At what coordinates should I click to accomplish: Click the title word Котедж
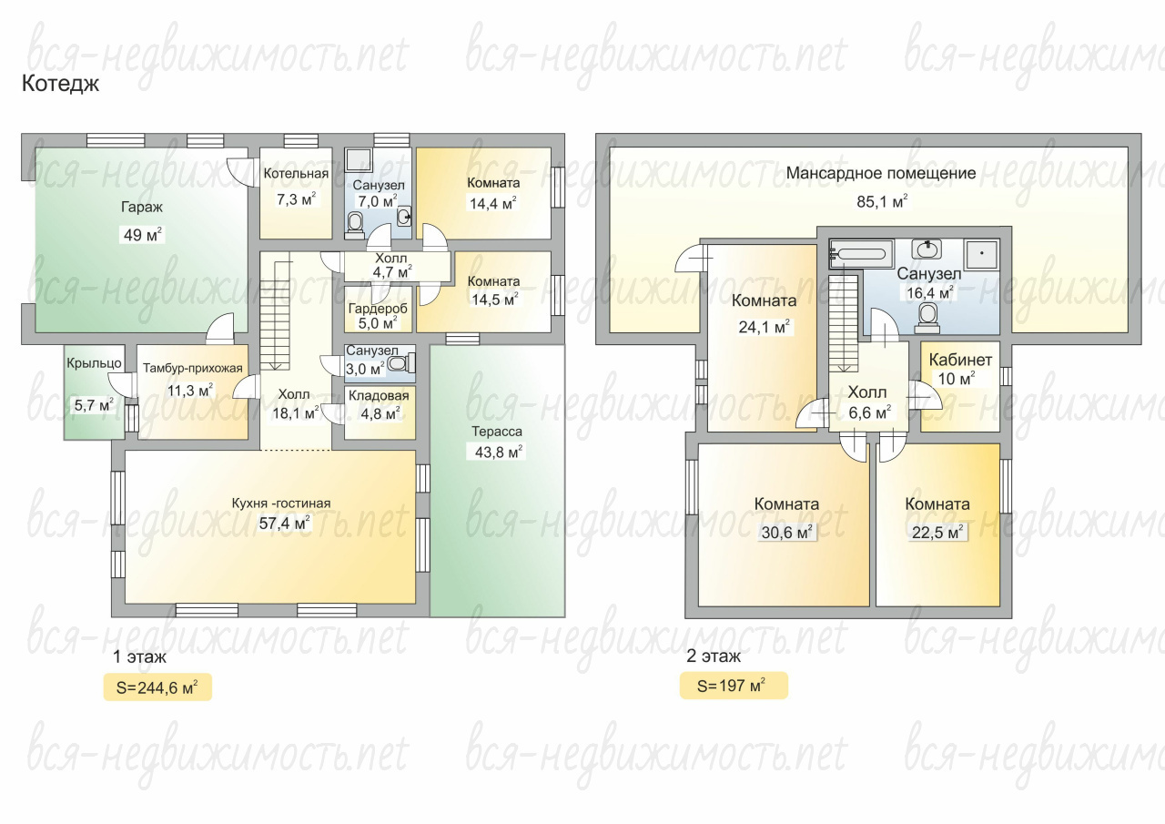click(x=60, y=85)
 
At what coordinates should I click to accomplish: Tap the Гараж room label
click(x=142, y=208)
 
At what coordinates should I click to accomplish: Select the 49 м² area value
click(x=143, y=235)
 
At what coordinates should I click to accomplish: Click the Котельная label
click(x=296, y=174)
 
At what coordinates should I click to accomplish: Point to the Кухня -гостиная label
click(x=281, y=503)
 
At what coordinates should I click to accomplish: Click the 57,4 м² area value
click(x=285, y=523)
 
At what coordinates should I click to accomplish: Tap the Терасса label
click(x=497, y=432)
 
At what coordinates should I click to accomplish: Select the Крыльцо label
click(x=94, y=363)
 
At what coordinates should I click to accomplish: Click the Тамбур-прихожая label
click(x=192, y=369)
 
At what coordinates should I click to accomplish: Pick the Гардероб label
click(x=378, y=309)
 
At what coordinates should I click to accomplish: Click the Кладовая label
click(x=379, y=396)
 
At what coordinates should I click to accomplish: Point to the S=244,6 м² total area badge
click(x=157, y=687)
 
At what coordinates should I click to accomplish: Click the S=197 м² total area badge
click(x=734, y=686)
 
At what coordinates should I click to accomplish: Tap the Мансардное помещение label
click(x=881, y=173)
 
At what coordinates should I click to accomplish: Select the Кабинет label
click(x=960, y=360)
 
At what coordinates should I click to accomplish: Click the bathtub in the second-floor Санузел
click(x=861, y=253)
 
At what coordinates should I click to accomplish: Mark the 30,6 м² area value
click(x=787, y=533)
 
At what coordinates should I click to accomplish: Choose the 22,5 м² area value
click(x=937, y=533)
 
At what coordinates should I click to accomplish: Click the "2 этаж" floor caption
click(x=714, y=656)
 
